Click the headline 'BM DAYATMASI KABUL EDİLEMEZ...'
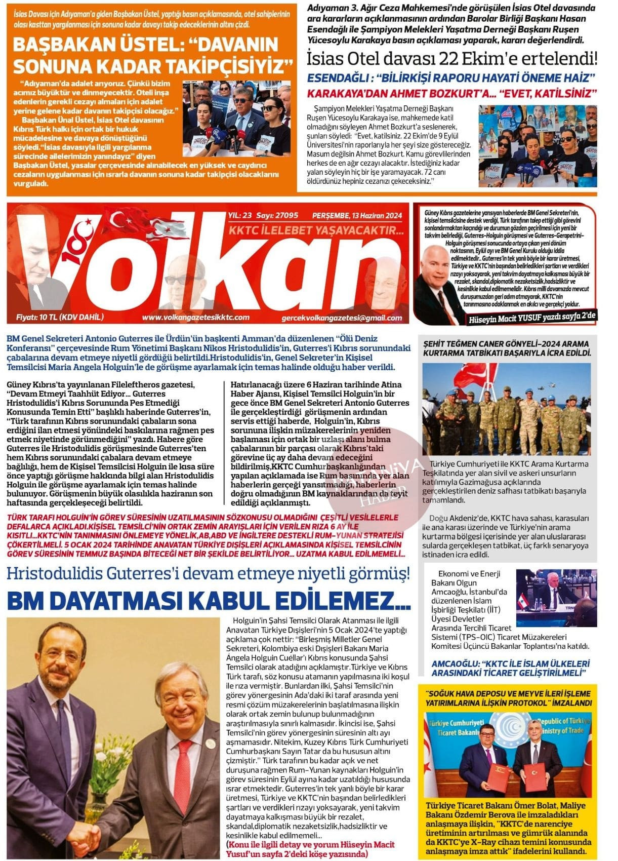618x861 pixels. click(209, 601)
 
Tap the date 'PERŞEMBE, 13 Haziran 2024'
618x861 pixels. click(357, 216)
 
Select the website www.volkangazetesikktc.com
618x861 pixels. click(195, 318)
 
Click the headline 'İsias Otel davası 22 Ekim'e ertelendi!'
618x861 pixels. click(452, 59)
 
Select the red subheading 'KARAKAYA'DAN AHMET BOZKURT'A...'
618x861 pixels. click(452, 93)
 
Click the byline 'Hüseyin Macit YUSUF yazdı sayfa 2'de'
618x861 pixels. click(531, 317)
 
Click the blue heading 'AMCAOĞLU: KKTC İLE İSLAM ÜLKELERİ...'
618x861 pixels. click(510, 668)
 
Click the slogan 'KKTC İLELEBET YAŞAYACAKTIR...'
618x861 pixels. click(316, 231)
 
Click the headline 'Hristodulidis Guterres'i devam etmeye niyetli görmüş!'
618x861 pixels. click(209, 574)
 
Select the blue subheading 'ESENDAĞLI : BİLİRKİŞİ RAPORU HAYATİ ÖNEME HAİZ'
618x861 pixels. click(451, 79)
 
